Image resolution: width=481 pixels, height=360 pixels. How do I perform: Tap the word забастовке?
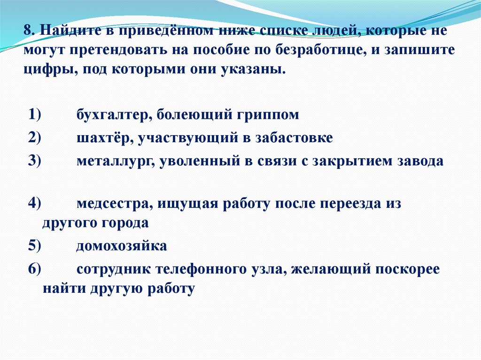(295, 138)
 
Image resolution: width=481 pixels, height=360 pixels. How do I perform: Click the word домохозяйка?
(122, 245)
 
